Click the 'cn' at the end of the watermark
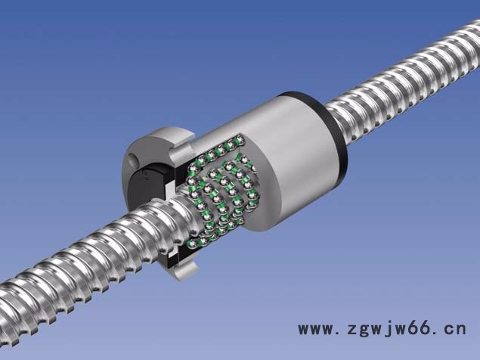pos(456,329)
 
